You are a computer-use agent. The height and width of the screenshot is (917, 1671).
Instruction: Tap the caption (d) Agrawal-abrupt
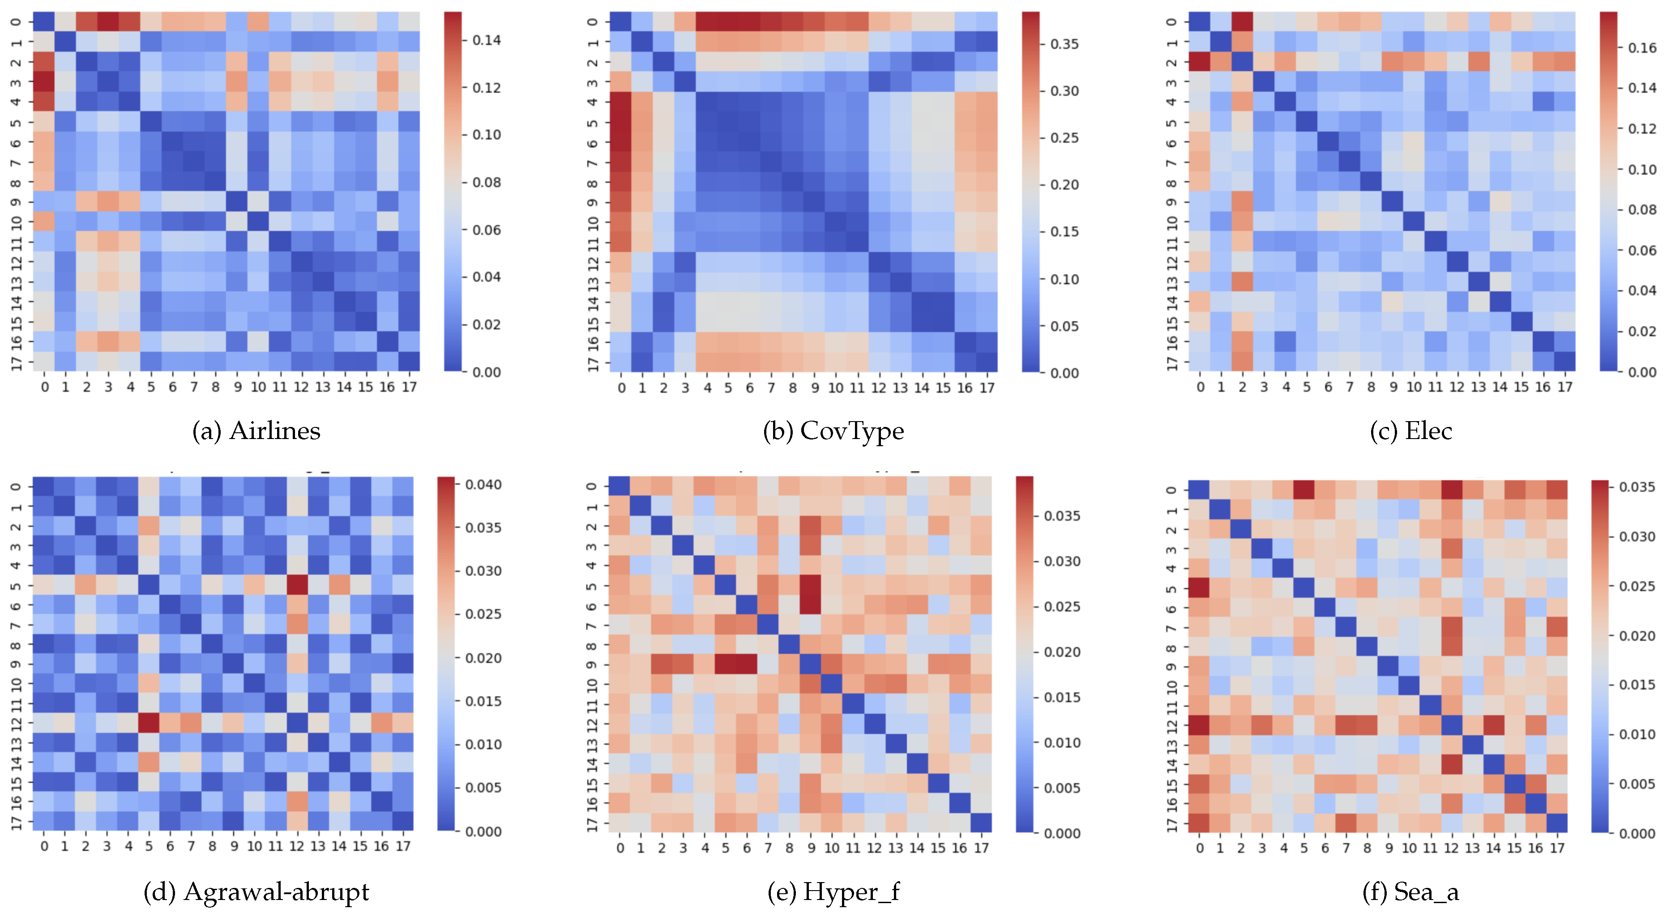(256, 892)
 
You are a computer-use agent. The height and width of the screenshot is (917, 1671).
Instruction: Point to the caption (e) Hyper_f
(833, 892)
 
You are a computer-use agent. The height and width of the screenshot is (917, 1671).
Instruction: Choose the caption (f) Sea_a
(1411, 892)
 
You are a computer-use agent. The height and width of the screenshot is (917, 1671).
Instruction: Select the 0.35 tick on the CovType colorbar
(1064, 44)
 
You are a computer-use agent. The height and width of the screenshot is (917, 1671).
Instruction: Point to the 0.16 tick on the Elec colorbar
(1641, 47)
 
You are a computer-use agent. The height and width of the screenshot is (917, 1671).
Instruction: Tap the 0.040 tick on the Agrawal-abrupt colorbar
(483, 484)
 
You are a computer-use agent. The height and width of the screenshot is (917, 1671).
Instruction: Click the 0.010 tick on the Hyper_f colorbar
(1062, 742)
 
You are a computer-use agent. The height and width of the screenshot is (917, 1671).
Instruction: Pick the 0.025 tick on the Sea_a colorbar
(1637, 586)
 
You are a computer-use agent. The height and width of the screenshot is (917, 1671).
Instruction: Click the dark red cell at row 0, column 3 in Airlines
(108, 21)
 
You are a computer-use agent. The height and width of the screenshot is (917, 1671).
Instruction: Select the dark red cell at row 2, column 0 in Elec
(1199, 62)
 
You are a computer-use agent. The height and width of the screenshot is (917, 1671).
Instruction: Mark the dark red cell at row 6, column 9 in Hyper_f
(811, 606)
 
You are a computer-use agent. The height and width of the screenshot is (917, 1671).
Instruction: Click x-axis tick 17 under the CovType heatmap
(987, 388)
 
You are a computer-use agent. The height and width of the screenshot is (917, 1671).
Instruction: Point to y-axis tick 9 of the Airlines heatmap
(17, 202)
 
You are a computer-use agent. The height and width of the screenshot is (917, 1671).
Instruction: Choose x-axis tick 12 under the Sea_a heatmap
(1451, 848)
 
